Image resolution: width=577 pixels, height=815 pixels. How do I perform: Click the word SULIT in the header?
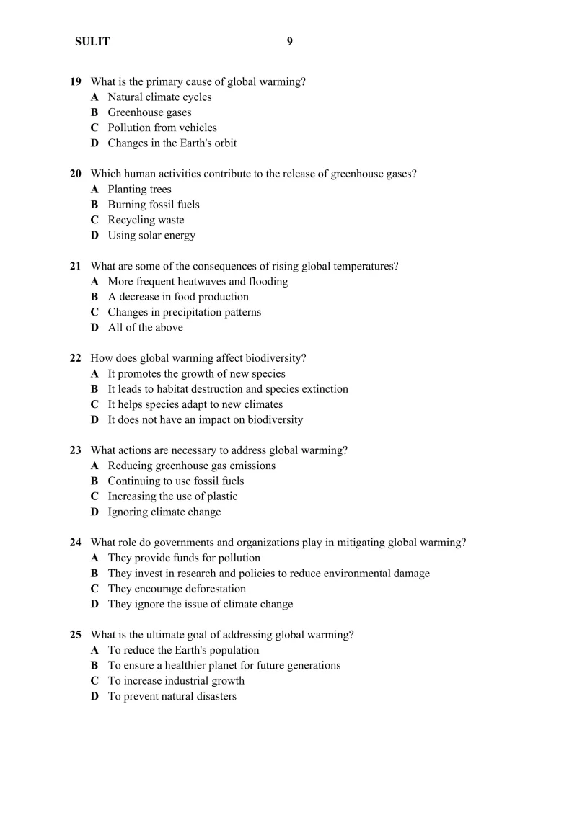[92, 42]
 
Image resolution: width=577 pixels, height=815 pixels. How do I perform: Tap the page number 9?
[290, 41]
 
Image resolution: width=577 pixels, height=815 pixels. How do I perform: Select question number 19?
[75, 81]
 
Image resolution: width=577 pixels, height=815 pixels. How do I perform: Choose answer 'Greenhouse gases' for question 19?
[149, 112]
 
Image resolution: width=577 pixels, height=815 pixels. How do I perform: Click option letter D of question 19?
[94, 143]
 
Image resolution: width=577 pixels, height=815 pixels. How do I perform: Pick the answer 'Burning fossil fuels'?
[154, 205]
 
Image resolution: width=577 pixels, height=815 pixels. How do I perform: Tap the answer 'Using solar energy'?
[151, 235]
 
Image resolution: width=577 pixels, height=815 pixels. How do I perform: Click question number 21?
[75, 266]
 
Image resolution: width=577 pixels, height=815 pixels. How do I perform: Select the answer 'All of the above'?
[145, 327]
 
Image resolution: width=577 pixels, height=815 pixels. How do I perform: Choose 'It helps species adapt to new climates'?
[195, 404]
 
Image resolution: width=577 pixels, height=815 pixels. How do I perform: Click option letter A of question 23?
[94, 466]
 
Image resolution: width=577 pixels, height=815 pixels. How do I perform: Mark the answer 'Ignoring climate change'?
[164, 512]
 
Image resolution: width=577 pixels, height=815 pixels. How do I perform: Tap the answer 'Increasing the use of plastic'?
[172, 496]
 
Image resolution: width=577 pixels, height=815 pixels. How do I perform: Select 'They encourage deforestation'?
[177, 589]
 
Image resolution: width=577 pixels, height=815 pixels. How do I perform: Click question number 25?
[75, 635]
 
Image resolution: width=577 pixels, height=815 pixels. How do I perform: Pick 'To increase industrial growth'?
[176, 681]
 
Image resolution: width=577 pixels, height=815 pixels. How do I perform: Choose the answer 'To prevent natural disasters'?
[172, 696]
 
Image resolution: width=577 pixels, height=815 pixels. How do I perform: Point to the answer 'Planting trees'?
[139, 190]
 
